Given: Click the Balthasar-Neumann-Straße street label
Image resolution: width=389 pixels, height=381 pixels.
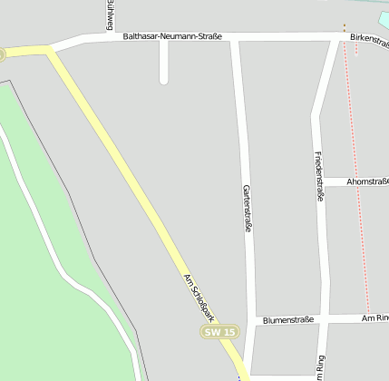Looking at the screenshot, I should pyautogui.click(x=172, y=37).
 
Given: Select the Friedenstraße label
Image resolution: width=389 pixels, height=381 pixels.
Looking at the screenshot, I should pyautogui.click(x=319, y=175).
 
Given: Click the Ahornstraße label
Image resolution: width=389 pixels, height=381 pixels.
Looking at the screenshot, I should pyautogui.click(x=368, y=181).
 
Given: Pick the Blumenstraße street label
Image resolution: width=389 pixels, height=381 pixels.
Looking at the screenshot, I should pyautogui.click(x=287, y=320).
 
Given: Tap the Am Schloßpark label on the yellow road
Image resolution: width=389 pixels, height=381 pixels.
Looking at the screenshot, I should pyautogui.click(x=199, y=297).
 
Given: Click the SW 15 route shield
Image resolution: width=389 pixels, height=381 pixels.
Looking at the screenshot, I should pyautogui.click(x=219, y=333).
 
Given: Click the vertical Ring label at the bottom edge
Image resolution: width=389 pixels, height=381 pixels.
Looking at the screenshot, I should pyautogui.click(x=319, y=367).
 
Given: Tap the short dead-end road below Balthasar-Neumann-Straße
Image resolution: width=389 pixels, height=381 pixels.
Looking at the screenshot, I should pyautogui.click(x=164, y=63).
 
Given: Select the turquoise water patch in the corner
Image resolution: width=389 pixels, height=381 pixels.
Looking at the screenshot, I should pyautogui.click(x=382, y=18).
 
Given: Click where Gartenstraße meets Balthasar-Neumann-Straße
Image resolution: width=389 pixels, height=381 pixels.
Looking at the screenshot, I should pyautogui.click(x=236, y=38).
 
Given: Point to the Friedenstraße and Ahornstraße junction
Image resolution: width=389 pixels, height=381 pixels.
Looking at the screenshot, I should pyautogui.click(x=321, y=181).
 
